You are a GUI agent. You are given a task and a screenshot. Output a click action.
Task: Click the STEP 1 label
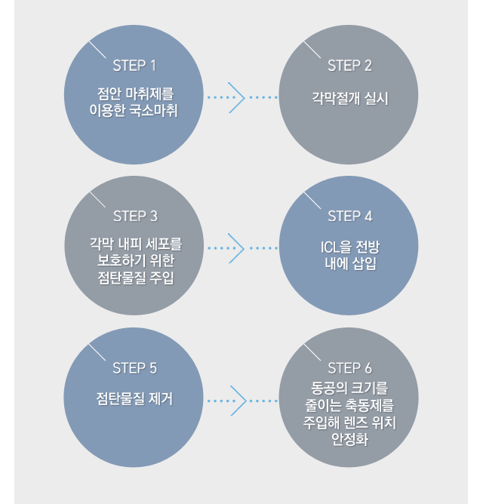click(134, 65)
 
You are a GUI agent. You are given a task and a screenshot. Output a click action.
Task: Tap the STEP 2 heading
click(349, 65)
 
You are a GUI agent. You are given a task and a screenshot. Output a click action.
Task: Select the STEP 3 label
click(135, 216)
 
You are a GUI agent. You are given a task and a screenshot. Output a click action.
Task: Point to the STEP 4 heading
click(349, 216)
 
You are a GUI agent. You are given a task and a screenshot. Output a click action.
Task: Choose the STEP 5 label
click(134, 368)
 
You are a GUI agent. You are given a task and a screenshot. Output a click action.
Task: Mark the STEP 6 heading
click(349, 368)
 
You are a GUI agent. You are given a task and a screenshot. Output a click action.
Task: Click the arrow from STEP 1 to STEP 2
click(237, 97)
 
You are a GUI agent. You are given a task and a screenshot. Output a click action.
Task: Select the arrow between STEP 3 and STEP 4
click(237, 247)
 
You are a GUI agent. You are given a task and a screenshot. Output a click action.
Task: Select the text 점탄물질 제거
click(135, 399)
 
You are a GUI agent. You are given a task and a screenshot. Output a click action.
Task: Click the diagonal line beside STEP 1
click(97, 50)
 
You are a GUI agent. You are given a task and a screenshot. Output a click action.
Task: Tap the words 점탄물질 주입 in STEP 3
click(135, 279)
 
